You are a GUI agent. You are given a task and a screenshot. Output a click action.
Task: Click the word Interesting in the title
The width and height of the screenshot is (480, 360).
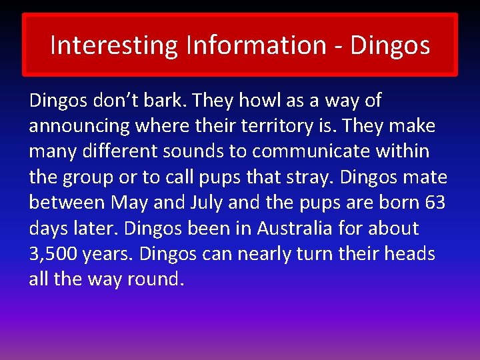point(114,45)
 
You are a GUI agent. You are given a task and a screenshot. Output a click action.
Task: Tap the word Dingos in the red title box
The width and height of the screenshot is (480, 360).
point(390,45)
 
